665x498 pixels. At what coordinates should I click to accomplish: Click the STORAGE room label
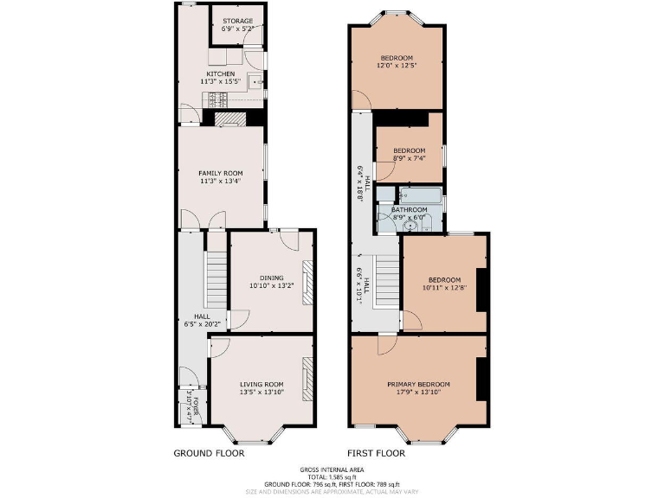pyautogui.click(x=237, y=21)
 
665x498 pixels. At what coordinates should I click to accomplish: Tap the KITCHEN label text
pyautogui.click(x=220, y=74)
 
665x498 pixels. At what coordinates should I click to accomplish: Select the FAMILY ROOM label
pyautogui.click(x=220, y=174)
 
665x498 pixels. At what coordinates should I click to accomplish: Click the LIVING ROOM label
pyautogui.click(x=261, y=384)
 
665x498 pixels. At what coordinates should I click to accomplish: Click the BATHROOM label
pyautogui.click(x=409, y=209)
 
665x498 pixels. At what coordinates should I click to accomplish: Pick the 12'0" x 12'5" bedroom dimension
pyautogui.click(x=397, y=66)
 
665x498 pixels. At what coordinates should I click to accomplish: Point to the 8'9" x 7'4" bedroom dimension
pyautogui.click(x=410, y=157)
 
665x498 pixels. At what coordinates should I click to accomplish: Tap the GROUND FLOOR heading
pyautogui.click(x=207, y=452)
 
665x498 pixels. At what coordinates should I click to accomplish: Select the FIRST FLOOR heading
pyautogui.click(x=376, y=452)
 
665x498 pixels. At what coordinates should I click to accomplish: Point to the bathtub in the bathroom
pyautogui.click(x=421, y=195)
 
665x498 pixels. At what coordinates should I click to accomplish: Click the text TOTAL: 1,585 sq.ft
pyautogui.click(x=332, y=476)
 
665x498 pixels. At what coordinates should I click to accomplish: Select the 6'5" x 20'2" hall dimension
pyautogui.click(x=202, y=325)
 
